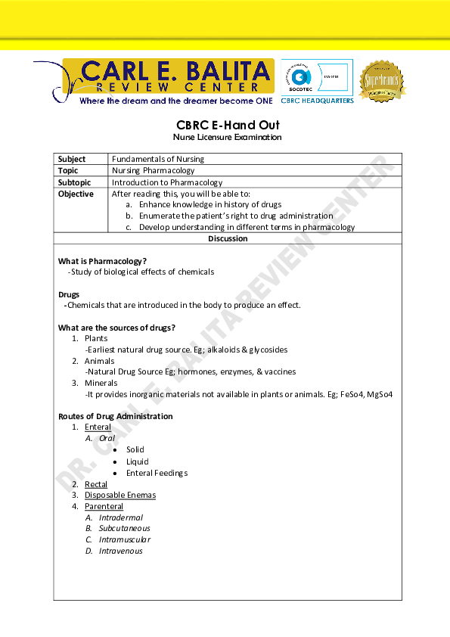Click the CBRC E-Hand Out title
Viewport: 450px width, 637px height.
coord(228,125)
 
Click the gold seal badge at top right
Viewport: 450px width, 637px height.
coord(381,81)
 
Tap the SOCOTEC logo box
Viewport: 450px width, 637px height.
coord(316,77)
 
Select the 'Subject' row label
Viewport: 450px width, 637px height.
coord(73,160)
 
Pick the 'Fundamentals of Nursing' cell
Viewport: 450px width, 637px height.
coord(158,160)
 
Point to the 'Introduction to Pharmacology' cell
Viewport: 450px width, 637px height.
coord(167,182)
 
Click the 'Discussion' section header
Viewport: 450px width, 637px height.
coord(228,239)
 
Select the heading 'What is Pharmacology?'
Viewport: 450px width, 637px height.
coord(103,261)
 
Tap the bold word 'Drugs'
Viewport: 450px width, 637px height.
coord(69,294)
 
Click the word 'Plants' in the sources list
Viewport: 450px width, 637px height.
coord(96,339)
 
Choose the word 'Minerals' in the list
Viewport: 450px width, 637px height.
coord(100,383)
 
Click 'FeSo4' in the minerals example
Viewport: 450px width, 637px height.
coord(354,394)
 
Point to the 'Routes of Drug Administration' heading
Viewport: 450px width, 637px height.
coord(116,416)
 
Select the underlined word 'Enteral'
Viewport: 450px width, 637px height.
coord(98,427)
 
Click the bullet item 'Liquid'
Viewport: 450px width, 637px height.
coord(138,461)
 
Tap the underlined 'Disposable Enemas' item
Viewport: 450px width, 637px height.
coord(120,496)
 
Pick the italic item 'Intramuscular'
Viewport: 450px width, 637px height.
coord(125,539)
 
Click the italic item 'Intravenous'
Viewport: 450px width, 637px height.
coord(121,551)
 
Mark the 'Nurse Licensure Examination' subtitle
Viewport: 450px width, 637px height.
coord(228,138)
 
